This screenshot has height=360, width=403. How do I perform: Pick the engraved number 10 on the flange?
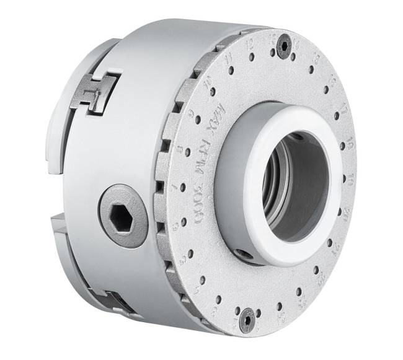pos(208,79)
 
